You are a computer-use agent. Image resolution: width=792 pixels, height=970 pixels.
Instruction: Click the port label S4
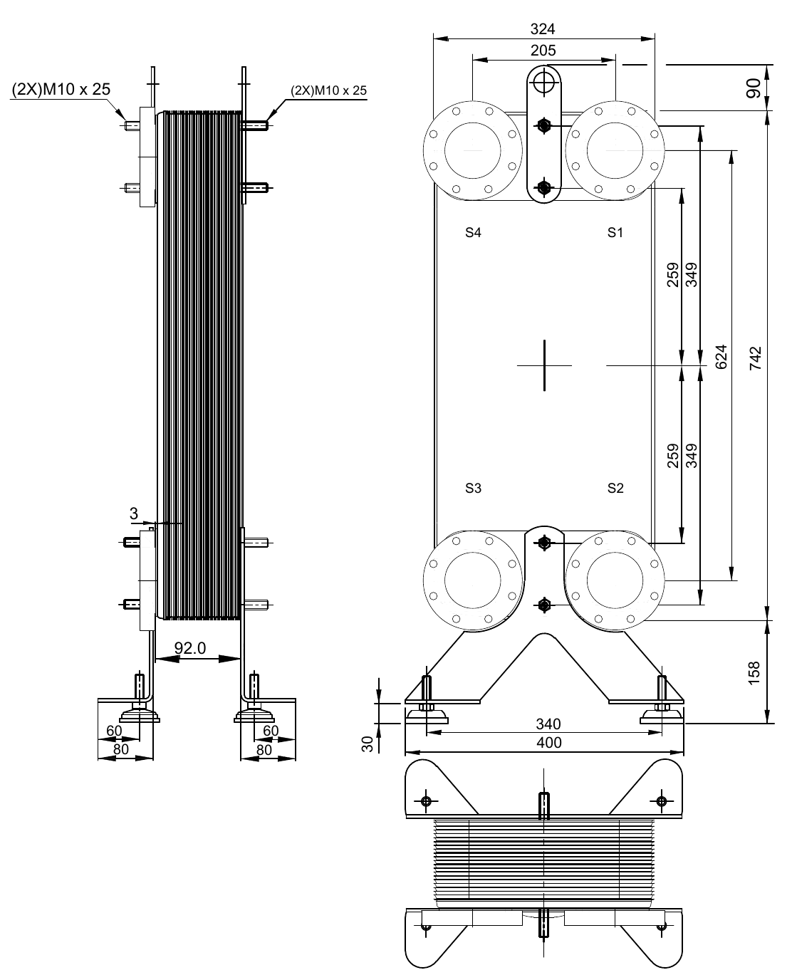click(x=474, y=232)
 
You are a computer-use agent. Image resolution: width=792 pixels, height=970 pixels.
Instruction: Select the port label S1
click(x=615, y=232)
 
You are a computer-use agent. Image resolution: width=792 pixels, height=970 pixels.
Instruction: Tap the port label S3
click(x=474, y=488)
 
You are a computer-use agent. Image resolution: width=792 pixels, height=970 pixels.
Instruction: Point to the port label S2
click(x=615, y=488)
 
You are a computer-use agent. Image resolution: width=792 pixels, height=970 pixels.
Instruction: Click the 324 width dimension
click(x=543, y=29)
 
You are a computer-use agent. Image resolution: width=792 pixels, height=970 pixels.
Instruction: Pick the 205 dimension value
click(x=543, y=51)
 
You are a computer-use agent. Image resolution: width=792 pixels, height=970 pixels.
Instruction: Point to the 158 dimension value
click(x=756, y=672)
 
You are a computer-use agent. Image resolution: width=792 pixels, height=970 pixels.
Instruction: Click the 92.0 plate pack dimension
click(x=190, y=648)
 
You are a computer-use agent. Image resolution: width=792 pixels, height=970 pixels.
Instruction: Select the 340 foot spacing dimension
click(x=548, y=724)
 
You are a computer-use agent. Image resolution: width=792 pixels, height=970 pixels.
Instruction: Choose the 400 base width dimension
click(x=548, y=743)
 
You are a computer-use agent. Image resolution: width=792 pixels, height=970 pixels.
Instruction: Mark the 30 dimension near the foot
click(x=368, y=744)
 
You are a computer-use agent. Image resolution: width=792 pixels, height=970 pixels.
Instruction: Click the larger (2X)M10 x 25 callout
click(x=61, y=89)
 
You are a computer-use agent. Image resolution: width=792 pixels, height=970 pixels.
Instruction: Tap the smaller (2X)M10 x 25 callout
click(x=328, y=90)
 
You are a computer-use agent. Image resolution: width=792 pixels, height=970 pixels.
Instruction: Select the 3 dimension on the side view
click(x=134, y=513)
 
